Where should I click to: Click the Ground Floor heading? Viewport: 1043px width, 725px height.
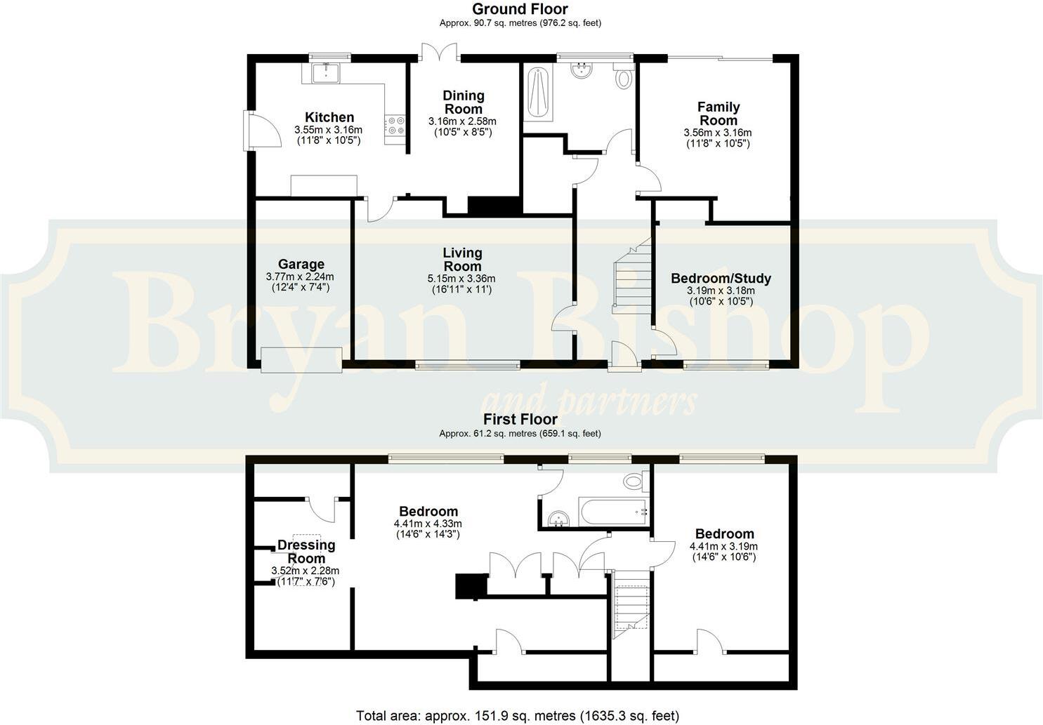[520, 9]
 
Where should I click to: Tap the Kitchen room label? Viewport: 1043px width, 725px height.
[329, 117]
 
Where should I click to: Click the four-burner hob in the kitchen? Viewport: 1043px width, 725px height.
[395, 126]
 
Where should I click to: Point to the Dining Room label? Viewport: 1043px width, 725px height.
[463, 102]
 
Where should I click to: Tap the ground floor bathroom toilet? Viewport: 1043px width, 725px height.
[623, 77]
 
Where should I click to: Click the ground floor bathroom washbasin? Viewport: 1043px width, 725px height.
[582, 70]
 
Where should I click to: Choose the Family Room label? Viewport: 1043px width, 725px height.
[718, 113]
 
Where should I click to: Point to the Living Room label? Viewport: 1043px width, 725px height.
[462, 259]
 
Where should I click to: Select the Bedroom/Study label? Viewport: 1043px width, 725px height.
[721, 279]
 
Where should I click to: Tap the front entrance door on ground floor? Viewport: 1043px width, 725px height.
[624, 354]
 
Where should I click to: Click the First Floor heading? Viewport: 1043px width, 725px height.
[520, 420]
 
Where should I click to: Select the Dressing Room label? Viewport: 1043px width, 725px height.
[306, 551]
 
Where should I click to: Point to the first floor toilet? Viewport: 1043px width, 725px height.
[634, 481]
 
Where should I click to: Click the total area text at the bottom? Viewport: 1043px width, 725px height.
[518, 716]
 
